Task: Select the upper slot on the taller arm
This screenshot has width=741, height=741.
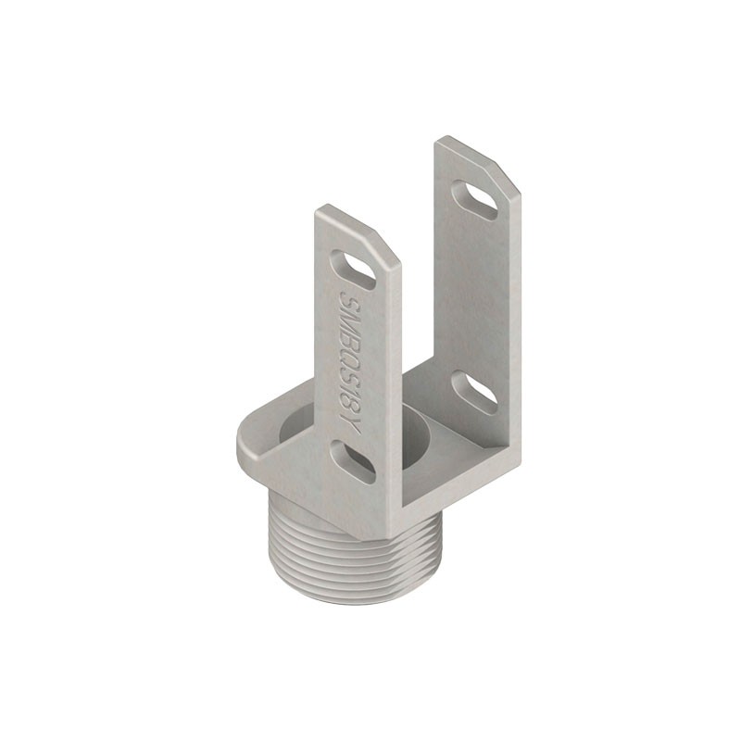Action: pyautogui.click(x=476, y=200)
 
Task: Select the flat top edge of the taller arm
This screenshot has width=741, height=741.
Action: pyautogui.click(x=463, y=148)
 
